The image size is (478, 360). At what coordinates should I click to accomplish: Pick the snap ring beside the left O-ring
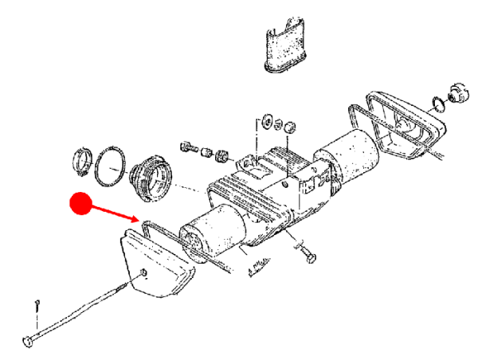pos(84,162)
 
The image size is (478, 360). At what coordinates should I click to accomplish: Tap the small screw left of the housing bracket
pos(189,147)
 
